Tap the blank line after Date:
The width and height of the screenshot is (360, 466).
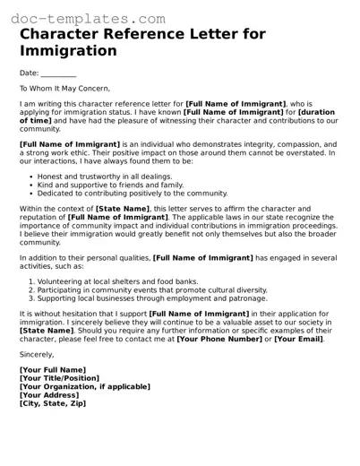point(58,73)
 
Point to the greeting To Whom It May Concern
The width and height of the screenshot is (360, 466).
point(64,89)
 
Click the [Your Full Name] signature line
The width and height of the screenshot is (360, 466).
point(53,370)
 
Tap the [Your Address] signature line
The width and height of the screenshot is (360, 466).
point(49,395)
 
